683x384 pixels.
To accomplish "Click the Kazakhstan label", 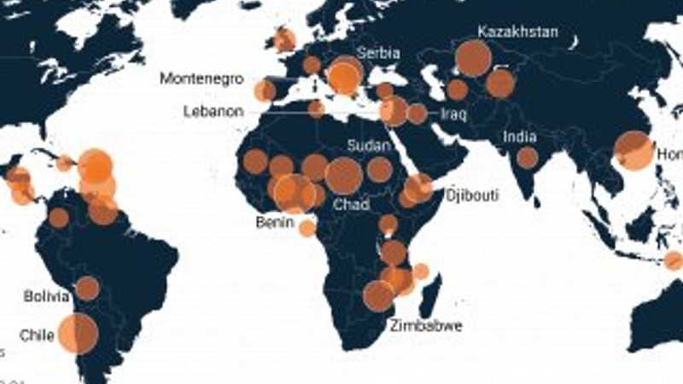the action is tap(518, 32).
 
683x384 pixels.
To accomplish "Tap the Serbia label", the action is tap(377, 53).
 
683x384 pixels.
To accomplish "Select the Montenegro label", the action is tap(201, 79).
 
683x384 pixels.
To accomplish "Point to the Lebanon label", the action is tap(213, 111).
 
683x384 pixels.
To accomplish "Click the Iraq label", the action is tap(452, 113).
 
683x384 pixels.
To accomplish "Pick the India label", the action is tap(520, 137).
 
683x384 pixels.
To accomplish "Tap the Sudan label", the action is tap(370, 146).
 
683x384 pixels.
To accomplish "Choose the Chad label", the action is tap(351, 205).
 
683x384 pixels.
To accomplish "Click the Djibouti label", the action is tap(470, 195).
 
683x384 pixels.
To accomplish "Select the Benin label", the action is tap(274, 223).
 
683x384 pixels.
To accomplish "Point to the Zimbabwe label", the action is tap(426, 325).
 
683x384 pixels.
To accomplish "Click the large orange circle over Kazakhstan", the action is tap(473, 58).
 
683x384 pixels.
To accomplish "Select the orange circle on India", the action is tap(528, 157).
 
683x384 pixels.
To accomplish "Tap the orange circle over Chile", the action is tap(79, 333).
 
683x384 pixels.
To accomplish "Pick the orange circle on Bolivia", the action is tap(87, 288).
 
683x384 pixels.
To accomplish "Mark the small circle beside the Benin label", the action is tap(307, 227).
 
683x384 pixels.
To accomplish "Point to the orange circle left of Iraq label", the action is tap(417, 113).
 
